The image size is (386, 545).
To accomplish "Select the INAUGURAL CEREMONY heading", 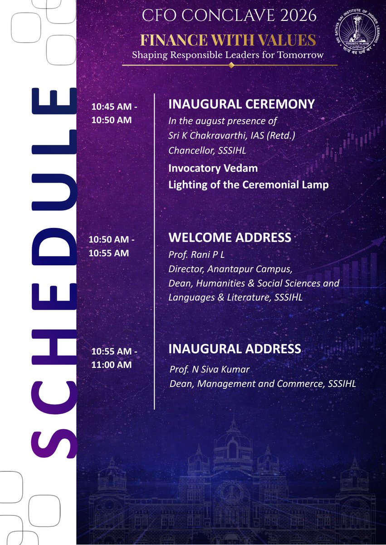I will click(x=241, y=104).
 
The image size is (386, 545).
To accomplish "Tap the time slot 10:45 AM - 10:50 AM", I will click(x=113, y=113).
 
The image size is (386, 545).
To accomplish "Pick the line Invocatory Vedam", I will click(x=213, y=168).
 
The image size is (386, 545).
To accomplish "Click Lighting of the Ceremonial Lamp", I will click(x=248, y=185).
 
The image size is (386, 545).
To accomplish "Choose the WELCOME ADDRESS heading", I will click(x=230, y=237).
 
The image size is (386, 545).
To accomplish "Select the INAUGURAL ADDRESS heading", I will click(x=235, y=349).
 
